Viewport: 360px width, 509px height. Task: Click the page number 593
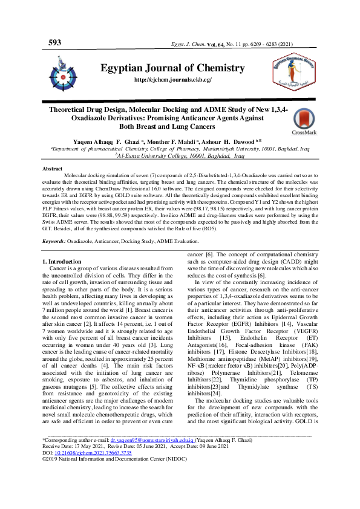click(x=54, y=43)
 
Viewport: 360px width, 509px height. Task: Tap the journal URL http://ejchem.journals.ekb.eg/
click(x=172, y=80)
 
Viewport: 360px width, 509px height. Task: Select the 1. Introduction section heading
click(x=64, y=261)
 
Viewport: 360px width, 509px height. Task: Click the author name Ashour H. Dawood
click(x=240, y=140)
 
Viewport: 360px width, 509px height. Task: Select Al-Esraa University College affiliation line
click(x=180, y=155)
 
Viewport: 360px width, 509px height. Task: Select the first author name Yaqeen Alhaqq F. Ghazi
click(x=112, y=140)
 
